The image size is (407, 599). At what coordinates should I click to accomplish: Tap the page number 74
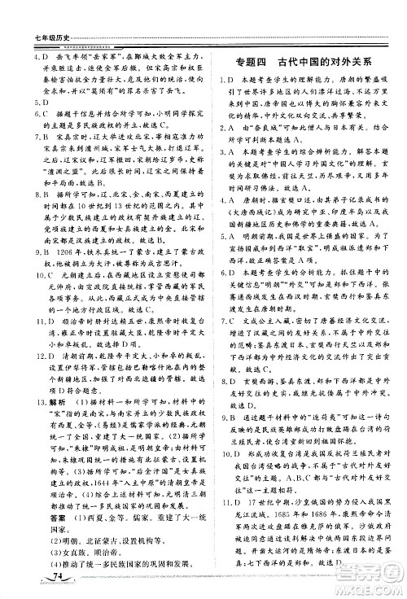(56, 576)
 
